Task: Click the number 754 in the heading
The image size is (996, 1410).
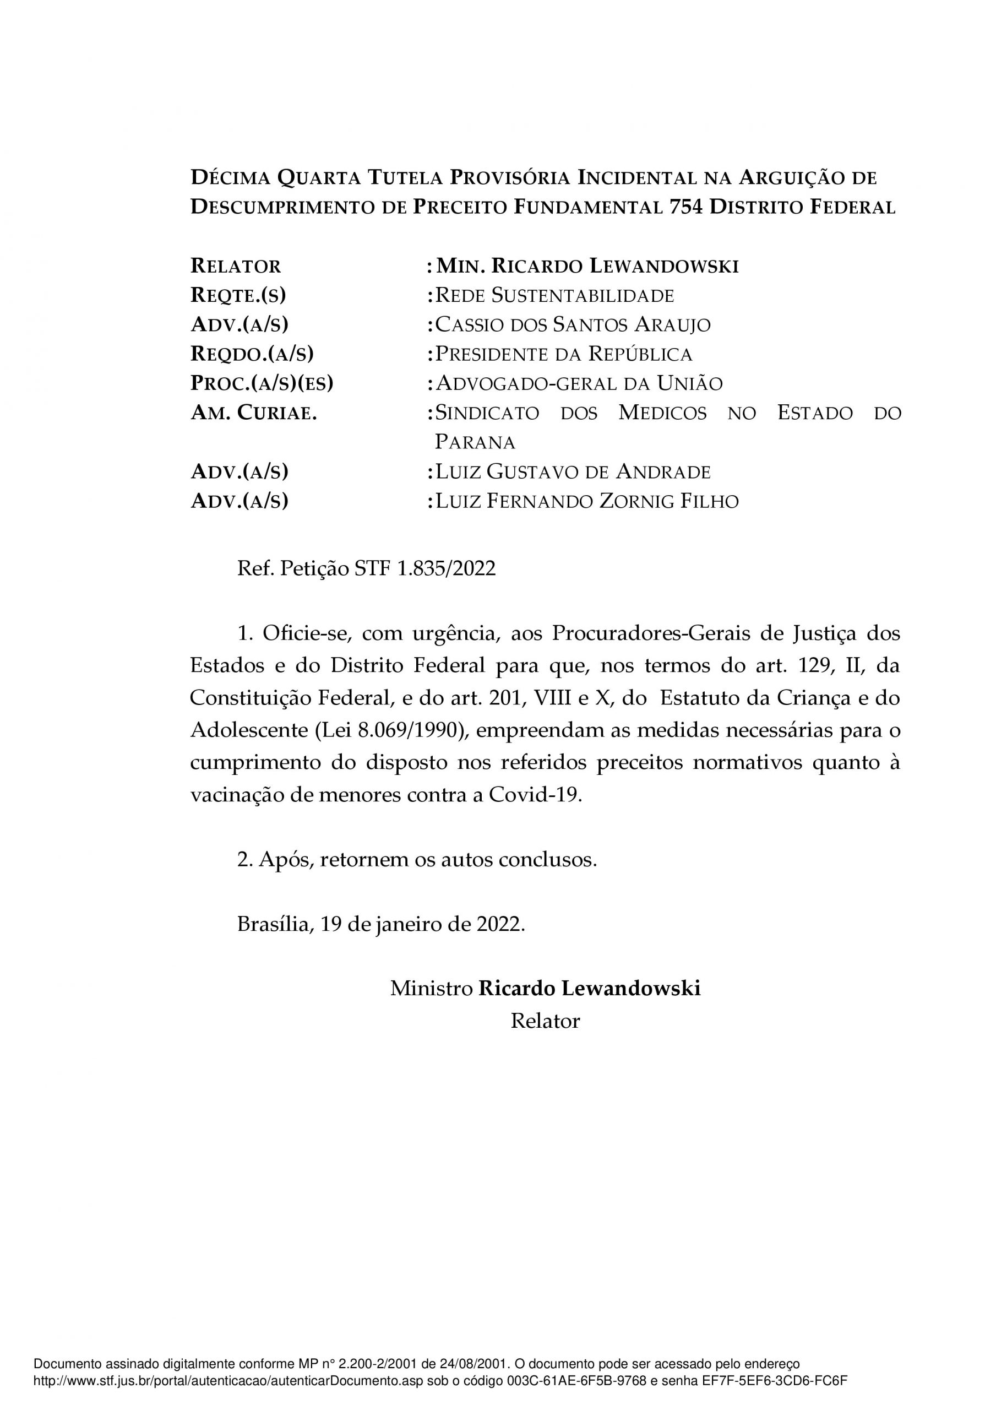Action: pyautogui.click(x=685, y=207)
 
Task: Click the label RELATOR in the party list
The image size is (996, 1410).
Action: pyautogui.click(x=236, y=266)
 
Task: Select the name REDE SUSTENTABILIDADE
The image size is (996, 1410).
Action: pyautogui.click(x=554, y=295)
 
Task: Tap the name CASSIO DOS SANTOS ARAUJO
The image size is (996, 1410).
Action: pyautogui.click(x=572, y=325)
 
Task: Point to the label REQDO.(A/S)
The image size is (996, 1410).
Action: pyautogui.click(x=252, y=354)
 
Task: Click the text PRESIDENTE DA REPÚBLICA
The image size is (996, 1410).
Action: pyautogui.click(x=563, y=354)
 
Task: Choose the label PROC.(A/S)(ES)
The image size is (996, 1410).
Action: pyautogui.click(x=262, y=383)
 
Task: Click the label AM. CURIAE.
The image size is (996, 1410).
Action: pyautogui.click(x=254, y=413)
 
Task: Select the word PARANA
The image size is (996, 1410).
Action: pyautogui.click(x=475, y=442)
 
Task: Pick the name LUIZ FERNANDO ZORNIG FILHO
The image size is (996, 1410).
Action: pyautogui.click(x=586, y=501)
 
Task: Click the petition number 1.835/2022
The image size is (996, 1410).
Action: pyautogui.click(x=447, y=568)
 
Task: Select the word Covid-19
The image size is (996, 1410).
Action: pyautogui.click(x=534, y=795)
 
